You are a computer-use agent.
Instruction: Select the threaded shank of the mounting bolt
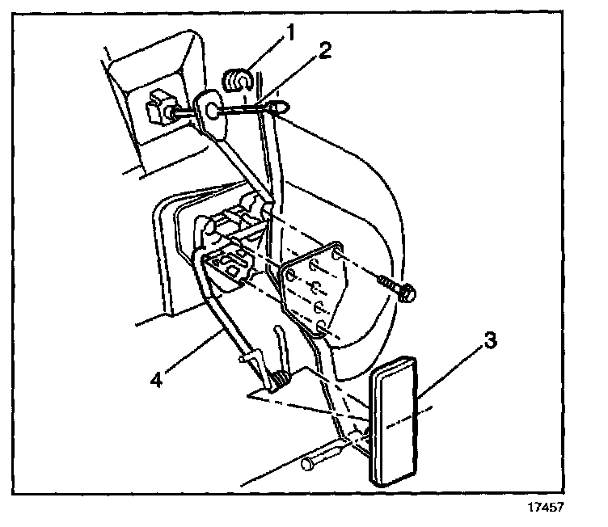(388, 283)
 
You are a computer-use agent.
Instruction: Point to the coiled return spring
(281, 377)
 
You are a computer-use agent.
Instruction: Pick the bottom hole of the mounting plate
(321, 325)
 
